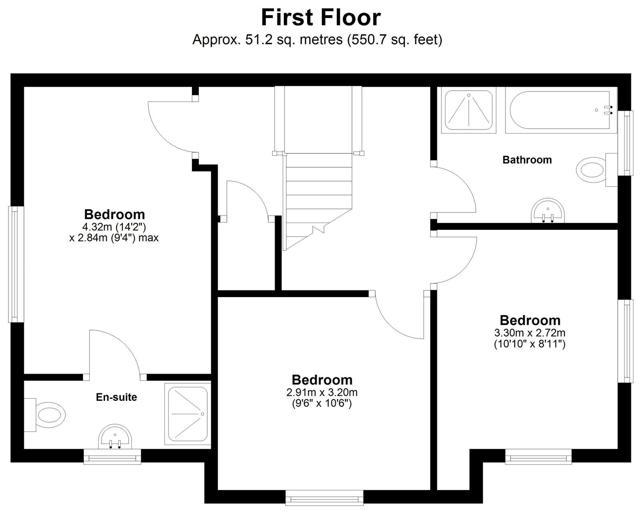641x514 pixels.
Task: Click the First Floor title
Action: point(321,18)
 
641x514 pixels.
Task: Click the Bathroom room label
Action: point(527,160)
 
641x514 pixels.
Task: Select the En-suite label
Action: point(117,397)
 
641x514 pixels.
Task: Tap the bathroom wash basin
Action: point(548,210)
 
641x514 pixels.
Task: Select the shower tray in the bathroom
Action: point(469,110)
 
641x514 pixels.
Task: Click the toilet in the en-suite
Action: point(44,415)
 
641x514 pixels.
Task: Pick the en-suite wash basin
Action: point(115,437)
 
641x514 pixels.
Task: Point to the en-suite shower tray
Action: point(188,414)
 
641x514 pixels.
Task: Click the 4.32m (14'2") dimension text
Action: point(114,227)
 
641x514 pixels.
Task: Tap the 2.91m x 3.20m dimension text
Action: point(322,393)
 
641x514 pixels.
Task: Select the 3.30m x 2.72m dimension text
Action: point(530,332)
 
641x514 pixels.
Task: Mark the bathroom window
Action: point(625,143)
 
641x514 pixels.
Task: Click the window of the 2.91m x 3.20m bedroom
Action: point(324,498)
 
